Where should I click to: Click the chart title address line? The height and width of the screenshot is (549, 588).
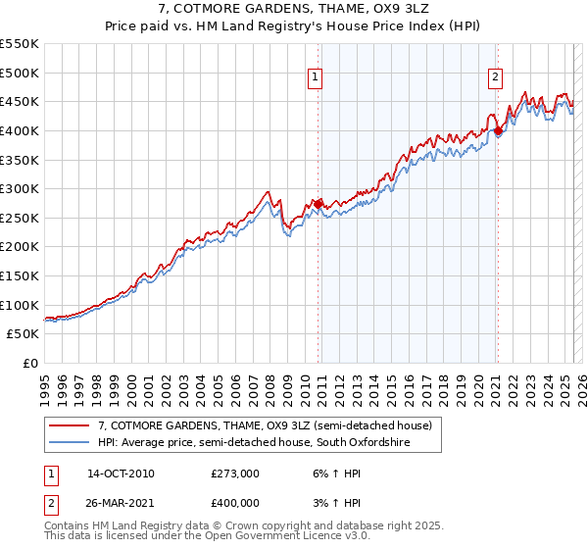pos(294,9)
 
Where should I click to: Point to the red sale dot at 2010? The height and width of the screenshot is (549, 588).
pos(318,204)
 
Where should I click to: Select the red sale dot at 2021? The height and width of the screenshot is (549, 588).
pos(498,130)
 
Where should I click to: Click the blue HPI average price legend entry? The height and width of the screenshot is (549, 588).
pos(253,443)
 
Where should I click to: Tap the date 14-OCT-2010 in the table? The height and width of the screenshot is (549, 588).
pos(121,474)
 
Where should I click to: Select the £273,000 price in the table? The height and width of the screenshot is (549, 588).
pos(234,474)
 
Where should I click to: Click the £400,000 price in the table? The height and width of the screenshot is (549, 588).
pos(234,505)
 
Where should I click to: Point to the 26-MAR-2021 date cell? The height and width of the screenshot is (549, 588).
pos(121,505)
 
